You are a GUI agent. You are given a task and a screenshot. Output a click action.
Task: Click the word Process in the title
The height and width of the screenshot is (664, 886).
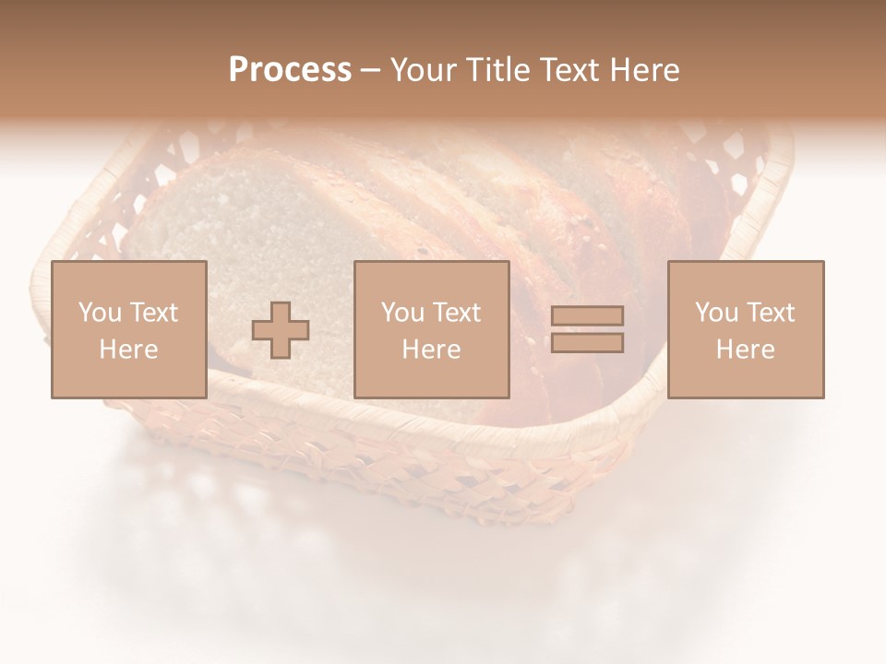tap(290, 70)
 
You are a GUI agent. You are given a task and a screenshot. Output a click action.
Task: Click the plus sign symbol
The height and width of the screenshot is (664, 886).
tap(281, 330)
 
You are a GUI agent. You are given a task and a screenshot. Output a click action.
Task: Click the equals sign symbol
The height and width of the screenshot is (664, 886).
tap(587, 330)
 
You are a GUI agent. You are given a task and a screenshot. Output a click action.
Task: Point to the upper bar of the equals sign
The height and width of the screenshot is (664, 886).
tap(587, 316)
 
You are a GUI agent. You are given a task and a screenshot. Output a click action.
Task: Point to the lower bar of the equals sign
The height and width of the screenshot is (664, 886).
tap(587, 343)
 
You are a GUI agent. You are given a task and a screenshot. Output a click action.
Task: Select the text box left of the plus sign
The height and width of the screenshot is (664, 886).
tap(128, 329)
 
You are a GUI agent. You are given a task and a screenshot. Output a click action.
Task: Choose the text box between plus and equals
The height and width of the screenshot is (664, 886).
tap(431, 329)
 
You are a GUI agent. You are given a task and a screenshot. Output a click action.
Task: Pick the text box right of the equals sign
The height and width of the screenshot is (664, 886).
tap(745, 329)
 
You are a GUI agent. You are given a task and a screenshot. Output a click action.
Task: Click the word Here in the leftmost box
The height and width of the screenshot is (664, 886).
tap(128, 350)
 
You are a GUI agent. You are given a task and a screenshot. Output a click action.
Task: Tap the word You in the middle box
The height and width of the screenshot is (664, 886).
tap(402, 313)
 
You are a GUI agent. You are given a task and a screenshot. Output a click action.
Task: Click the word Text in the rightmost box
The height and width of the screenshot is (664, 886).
tap(770, 313)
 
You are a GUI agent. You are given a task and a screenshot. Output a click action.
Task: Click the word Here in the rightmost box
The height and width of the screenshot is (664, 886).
tap(745, 350)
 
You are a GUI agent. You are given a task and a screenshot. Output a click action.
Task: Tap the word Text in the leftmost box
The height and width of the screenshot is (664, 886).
tap(153, 313)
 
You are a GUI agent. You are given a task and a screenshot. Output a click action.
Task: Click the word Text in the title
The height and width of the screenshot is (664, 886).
tap(564, 70)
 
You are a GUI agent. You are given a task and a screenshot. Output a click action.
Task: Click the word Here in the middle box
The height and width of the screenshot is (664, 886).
tap(431, 350)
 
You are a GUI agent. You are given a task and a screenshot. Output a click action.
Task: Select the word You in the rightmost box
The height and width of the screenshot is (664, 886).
tap(716, 313)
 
